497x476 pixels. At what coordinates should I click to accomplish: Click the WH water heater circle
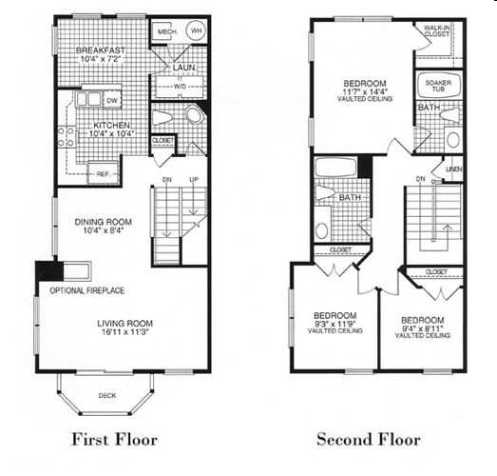click(198, 30)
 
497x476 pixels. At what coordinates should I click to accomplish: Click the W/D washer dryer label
click(180, 87)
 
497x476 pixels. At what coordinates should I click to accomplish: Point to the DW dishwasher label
click(113, 99)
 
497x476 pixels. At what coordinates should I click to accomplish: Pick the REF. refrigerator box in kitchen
click(103, 173)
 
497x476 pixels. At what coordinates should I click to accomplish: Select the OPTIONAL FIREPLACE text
click(86, 290)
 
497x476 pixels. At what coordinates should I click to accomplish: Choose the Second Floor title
click(368, 439)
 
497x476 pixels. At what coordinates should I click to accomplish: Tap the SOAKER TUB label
click(438, 84)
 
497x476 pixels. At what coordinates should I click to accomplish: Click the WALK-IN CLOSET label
click(437, 31)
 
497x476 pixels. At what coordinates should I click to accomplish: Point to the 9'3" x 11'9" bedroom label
click(335, 321)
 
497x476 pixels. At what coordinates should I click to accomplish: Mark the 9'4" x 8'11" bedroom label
click(422, 326)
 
